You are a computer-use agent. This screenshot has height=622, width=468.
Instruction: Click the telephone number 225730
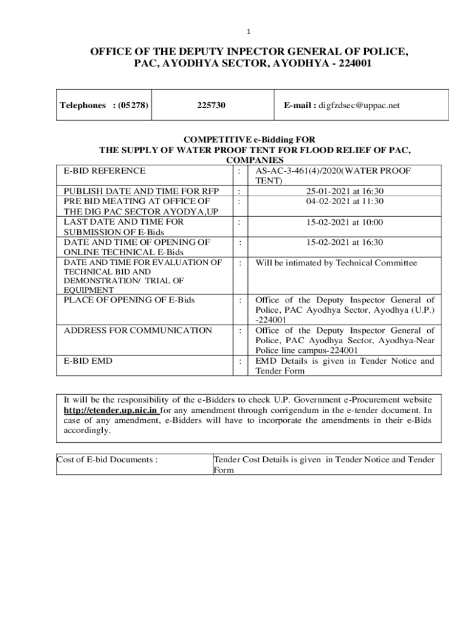(x=212, y=105)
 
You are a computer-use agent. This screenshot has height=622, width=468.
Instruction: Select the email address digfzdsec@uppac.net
(x=360, y=105)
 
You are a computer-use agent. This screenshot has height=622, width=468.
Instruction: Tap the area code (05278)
(x=133, y=105)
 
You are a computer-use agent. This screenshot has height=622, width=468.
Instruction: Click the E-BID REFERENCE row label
(x=105, y=171)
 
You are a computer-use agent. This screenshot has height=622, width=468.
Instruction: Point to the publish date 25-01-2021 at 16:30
(x=344, y=191)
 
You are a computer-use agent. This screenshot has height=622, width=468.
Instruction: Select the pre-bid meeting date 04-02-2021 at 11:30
(x=344, y=201)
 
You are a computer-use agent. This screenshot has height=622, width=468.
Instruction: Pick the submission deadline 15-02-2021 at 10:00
(x=344, y=222)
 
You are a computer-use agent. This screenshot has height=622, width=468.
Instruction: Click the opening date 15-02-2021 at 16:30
(x=344, y=242)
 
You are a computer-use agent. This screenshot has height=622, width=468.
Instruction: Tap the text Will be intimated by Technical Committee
(x=336, y=263)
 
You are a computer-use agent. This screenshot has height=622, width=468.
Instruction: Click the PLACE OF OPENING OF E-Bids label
(x=129, y=299)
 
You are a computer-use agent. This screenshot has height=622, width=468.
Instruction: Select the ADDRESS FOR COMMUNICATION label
(x=138, y=330)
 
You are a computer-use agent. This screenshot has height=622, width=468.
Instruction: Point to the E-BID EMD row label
(x=88, y=361)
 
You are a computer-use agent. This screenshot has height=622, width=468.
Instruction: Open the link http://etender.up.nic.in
(x=111, y=410)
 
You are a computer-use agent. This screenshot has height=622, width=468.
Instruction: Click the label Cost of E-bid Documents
(x=107, y=460)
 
